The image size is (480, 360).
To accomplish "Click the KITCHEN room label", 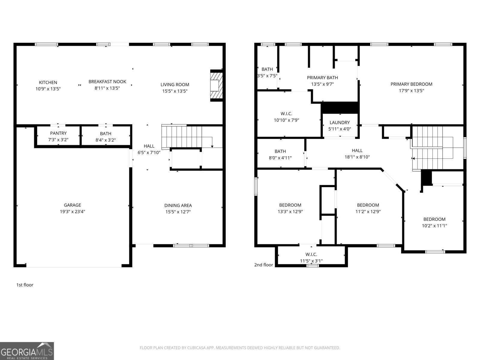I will pyautogui.click(x=48, y=82).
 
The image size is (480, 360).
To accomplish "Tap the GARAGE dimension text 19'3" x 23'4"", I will pyautogui.click(x=72, y=211).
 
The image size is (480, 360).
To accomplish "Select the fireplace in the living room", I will pyautogui.click(x=215, y=85).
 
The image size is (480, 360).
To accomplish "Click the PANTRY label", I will pyautogui.click(x=58, y=133).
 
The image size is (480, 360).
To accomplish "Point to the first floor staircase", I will pyautogui.click(x=186, y=136).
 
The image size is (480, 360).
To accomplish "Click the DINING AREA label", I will pyautogui.click(x=178, y=205).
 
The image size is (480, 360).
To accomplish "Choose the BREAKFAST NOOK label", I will pyautogui.click(x=107, y=82).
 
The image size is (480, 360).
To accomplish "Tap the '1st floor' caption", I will pyautogui.click(x=25, y=285).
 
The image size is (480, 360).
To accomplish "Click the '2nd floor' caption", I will pyautogui.click(x=264, y=265).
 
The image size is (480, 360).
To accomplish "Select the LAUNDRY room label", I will pyautogui.click(x=340, y=122).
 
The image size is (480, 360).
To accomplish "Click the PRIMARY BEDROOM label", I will pyautogui.click(x=411, y=84).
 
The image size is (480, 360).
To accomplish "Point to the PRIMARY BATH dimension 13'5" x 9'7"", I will pyautogui.click(x=322, y=84).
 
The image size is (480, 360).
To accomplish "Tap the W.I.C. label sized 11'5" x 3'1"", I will pyautogui.click(x=311, y=254).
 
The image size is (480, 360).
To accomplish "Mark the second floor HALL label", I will pyautogui.click(x=357, y=151).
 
